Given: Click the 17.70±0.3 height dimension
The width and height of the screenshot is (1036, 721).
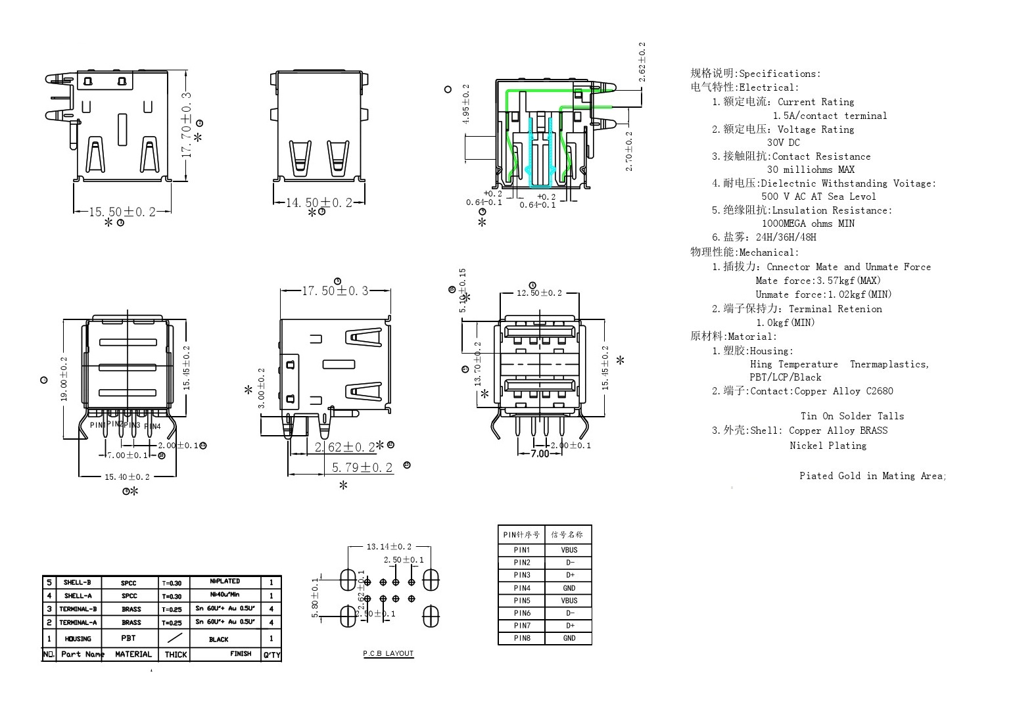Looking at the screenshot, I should [x=187, y=124].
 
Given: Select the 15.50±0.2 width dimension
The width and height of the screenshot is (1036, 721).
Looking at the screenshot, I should [x=122, y=212].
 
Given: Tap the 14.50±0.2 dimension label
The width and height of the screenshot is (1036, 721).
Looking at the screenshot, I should [x=319, y=203].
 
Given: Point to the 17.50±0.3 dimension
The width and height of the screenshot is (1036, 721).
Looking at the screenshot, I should [x=335, y=291].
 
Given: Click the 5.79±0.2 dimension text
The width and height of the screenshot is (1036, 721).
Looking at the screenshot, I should [x=362, y=467].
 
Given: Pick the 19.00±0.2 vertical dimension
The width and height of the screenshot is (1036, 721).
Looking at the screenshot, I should [x=64, y=379].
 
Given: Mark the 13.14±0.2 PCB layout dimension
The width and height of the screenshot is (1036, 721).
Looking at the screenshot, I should [x=389, y=546].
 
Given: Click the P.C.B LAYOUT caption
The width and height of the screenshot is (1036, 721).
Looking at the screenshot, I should [x=388, y=653].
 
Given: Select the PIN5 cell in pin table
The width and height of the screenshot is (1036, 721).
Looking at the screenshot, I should [x=522, y=600].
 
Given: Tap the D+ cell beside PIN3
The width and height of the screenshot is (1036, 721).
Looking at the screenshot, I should [x=569, y=575].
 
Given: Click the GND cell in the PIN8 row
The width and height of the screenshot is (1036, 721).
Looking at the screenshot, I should [x=569, y=638].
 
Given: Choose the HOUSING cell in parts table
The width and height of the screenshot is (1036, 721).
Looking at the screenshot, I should [x=78, y=638].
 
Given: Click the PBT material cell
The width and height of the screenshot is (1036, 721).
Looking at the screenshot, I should [x=129, y=638].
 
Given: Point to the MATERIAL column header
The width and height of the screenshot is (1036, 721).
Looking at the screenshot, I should [x=133, y=654].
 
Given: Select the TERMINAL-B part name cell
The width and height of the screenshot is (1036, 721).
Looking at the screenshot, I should [x=78, y=609].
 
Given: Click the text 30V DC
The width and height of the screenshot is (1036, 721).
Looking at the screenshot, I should [x=784, y=143].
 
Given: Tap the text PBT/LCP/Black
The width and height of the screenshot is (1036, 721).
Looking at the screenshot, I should [x=786, y=377].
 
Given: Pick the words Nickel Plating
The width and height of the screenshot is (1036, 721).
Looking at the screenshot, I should [x=828, y=446].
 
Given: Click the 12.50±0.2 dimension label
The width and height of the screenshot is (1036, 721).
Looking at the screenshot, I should [x=539, y=293].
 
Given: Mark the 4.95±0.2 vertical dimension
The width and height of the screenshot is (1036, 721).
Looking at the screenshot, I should [x=466, y=104].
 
